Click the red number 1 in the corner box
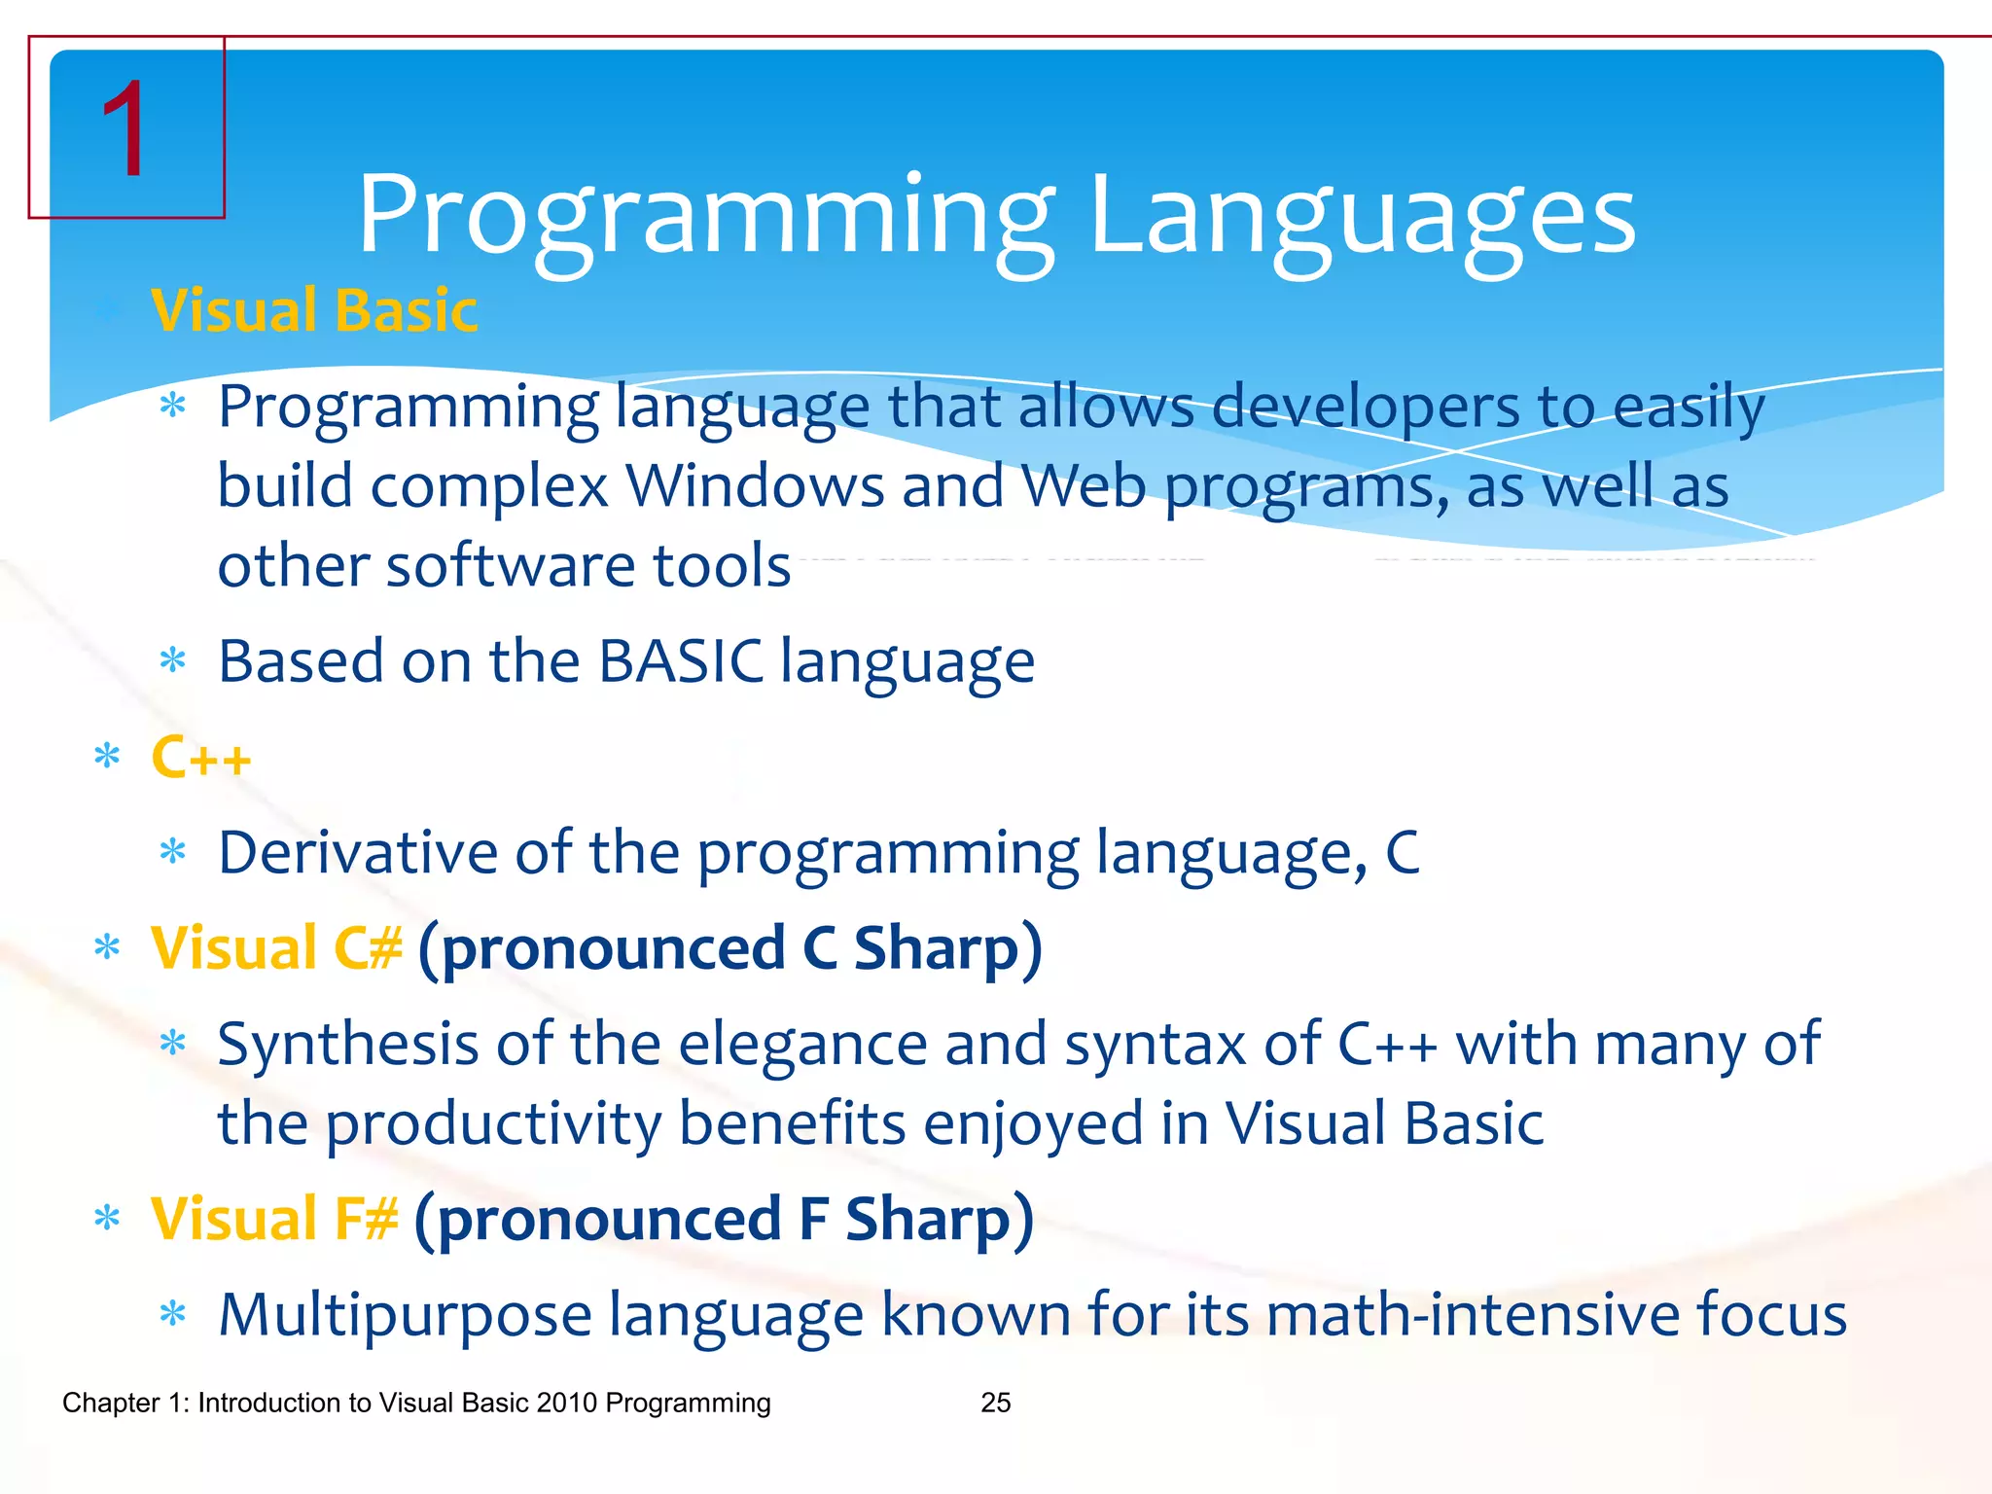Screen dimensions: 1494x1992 click(124, 129)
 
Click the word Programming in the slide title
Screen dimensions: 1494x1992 click(706, 216)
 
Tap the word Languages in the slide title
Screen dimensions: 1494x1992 click(1362, 216)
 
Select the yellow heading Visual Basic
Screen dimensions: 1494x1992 click(314, 311)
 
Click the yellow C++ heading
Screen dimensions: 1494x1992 click(201, 758)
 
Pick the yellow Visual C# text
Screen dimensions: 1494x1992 click(276, 948)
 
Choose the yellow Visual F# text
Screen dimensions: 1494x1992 click(274, 1219)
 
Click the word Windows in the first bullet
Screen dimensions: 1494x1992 click(754, 486)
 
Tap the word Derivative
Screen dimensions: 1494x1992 click(358, 853)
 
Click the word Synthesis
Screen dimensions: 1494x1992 click(348, 1045)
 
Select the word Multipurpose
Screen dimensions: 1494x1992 click(405, 1315)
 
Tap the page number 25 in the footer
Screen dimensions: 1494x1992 click(996, 1403)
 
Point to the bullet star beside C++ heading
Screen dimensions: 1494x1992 click(107, 758)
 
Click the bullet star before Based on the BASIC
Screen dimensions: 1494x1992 click(173, 662)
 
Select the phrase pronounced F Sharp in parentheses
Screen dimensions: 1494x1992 click(724, 1219)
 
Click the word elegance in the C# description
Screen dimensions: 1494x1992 click(802, 1045)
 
